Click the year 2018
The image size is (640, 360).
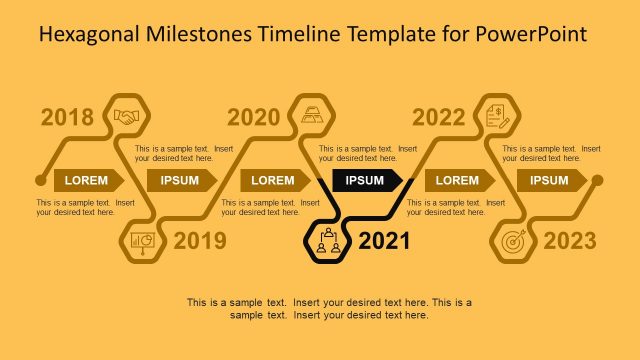[x=68, y=118]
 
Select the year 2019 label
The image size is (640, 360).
[x=200, y=241]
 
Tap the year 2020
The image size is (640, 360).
[x=253, y=118]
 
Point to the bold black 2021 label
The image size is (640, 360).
[x=384, y=241]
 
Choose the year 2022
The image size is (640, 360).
[x=439, y=118]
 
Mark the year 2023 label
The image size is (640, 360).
[x=569, y=241]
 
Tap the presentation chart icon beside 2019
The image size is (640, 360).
[x=141, y=241]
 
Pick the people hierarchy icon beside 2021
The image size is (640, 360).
[x=327, y=240]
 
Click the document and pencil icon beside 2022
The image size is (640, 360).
[x=497, y=117]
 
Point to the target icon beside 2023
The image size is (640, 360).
[x=512, y=241]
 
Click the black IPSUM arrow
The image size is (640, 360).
[x=367, y=180]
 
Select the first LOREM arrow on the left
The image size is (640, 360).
[x=88, y=180]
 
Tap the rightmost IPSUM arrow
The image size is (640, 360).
[x=551, y=180]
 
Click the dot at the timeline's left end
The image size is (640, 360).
[x=40, y=181]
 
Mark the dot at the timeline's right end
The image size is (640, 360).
[x=598, y=181]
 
